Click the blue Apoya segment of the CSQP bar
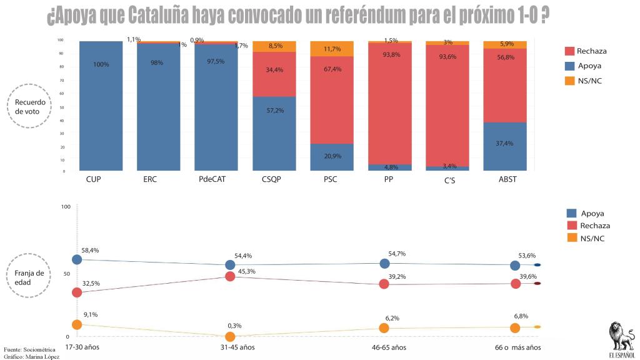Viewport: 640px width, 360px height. click(274, 133)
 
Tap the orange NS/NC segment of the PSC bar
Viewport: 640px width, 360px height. click(332, 48)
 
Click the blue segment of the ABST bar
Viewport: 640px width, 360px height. click(505, 146)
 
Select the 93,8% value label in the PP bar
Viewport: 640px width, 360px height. click(389, 54)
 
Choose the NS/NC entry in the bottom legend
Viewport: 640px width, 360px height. click(592, 238)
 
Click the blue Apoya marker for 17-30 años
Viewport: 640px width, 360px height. click(77, 259)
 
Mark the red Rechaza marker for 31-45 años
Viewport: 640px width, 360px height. click(230, 276)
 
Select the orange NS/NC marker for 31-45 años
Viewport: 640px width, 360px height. click(230, 337)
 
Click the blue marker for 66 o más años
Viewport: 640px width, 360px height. click(515, 266)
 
